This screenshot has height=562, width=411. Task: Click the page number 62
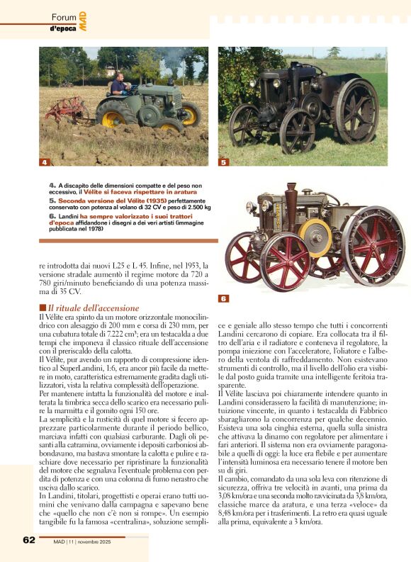point(29,540)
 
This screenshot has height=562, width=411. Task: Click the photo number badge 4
point(44,162)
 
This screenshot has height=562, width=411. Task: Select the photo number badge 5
point(223,162)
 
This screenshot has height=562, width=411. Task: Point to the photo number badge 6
point(223,298)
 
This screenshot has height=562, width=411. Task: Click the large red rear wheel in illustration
point(373,245)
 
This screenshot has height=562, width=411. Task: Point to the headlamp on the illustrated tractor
point(252,208)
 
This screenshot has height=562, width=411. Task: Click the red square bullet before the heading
point(42,308)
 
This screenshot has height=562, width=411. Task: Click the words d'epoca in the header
point(62,28)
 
